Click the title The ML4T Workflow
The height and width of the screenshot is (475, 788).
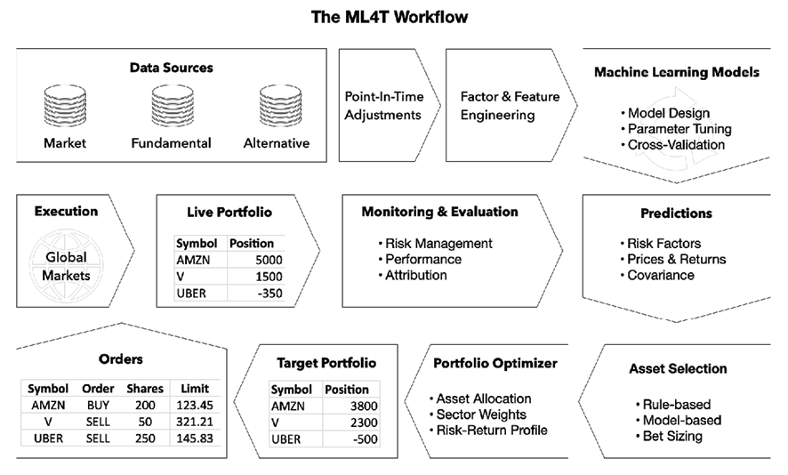pos(390,17)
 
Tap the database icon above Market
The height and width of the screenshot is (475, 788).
pos(65,106)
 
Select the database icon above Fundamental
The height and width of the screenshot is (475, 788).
pos(173,106)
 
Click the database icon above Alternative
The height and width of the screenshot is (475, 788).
pos(280,106)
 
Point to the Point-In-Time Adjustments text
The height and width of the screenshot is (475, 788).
pos(384,106)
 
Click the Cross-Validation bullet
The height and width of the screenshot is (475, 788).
pos(673,145)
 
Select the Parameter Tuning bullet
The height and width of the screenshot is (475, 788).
pos(676,129)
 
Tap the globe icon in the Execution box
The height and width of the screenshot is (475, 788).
pos(66,266)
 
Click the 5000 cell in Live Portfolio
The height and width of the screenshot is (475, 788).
pos(269,260)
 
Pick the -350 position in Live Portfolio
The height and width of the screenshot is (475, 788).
pos(269,293)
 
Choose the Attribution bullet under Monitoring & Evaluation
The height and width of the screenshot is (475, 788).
pos(413,276)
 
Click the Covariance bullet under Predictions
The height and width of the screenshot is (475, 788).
pos(657,276)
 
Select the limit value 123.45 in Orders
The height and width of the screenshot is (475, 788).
pos(195,405)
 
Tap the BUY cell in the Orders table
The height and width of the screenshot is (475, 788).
pos(98,405)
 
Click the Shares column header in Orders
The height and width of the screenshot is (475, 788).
pos(145,389)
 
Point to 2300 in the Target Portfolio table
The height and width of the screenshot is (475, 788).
pos(364,423)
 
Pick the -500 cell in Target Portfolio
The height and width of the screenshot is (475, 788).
pos(365,439)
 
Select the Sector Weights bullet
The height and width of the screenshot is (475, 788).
pos(478,415)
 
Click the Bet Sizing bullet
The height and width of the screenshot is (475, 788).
pos(670,436)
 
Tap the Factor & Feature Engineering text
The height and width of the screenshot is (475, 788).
pos(511,106)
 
